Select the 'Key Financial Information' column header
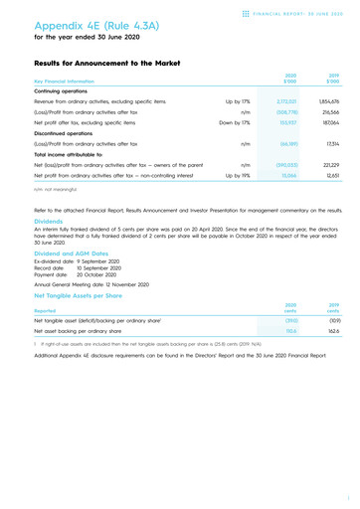tap(67, 81)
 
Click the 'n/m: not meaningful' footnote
tap(55, 198)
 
